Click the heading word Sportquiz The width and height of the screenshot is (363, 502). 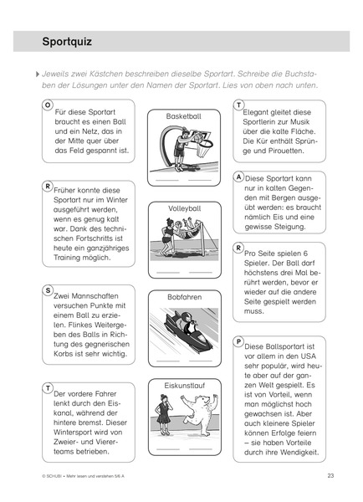click(67, 42)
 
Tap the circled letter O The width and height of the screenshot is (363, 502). click(48, 105)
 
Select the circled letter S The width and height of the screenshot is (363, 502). click(48, 290)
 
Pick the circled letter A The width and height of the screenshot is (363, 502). click(238, 177)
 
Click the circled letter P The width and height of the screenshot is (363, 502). click(238, 341)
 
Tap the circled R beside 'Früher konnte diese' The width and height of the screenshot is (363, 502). click(48, 187)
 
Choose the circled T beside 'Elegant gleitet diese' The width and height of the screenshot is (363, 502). click(238, 105)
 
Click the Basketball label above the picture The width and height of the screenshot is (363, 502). click(184, 116)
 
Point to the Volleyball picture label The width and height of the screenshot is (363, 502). click(185, 208)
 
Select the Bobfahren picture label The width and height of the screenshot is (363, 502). click(185, 297)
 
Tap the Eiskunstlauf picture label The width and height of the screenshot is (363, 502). click(185, 386)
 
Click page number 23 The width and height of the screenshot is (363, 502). click(330, 475)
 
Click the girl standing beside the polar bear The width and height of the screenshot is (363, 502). click(164, 414)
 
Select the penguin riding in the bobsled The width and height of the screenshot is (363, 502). click(187, 322)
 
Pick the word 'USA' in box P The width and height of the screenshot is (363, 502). click(308, 356)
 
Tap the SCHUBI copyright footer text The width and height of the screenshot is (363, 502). click(84, 476)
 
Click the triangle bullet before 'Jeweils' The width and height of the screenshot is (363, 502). click(38, 74)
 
